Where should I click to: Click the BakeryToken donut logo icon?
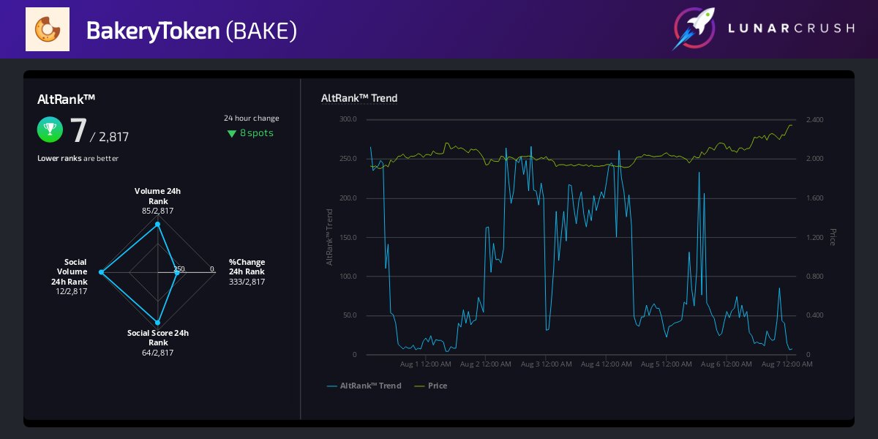48,29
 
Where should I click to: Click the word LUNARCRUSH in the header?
791,29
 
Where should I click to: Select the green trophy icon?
50,130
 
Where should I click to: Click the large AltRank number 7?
78,130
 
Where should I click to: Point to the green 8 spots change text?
251,133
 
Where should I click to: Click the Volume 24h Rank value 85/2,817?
157,211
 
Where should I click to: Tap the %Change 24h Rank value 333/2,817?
247,282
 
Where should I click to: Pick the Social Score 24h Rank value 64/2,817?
157,353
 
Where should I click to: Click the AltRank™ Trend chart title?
359,98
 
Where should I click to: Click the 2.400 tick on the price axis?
814,119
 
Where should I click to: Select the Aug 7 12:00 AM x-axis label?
787,364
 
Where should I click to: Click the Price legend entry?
437,386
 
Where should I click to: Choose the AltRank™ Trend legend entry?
370,386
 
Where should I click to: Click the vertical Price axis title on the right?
832,236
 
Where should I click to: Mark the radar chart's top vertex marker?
157,225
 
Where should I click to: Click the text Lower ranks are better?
78,158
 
